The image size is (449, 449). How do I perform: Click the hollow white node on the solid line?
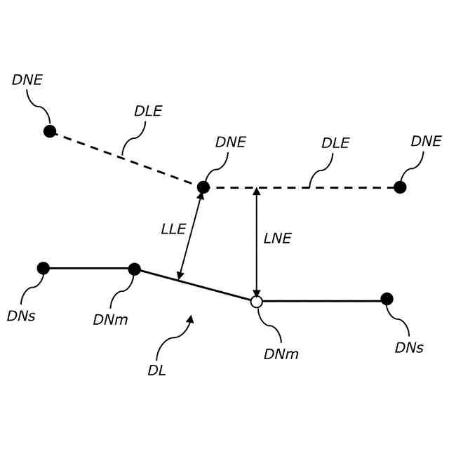tap(257, 302)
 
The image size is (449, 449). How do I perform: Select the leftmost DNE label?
tap(27, 80)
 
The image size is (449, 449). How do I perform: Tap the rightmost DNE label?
tap(426, 142)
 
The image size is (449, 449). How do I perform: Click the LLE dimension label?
tap(173, 229)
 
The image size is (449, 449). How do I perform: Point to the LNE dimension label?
tap(277, 239)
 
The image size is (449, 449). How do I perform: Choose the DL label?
tap(156, 371)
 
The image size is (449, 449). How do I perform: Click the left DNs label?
tap(21, 316)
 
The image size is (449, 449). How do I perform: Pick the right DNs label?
tap(409, 348)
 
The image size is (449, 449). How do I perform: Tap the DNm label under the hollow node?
tap(281, 354)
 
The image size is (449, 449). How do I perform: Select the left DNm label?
tap(110, 320)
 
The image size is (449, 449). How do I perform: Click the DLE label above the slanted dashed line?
tap(148, 112)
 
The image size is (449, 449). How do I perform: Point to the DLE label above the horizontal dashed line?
tap(335, 143)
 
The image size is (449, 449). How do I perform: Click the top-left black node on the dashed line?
tap(50, 131)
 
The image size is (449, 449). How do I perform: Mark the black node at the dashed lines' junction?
tap(203, 187)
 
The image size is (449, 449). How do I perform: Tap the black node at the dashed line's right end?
tap(400, 187)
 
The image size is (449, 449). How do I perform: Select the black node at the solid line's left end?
tap(43, 268)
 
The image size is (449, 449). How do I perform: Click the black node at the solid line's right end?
tap(387, 299)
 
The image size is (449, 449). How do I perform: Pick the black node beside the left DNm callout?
tap(135, 269)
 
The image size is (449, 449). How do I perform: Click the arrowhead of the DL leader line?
tap(189, 319)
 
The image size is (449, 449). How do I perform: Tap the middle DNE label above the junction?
tap(231, 142)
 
